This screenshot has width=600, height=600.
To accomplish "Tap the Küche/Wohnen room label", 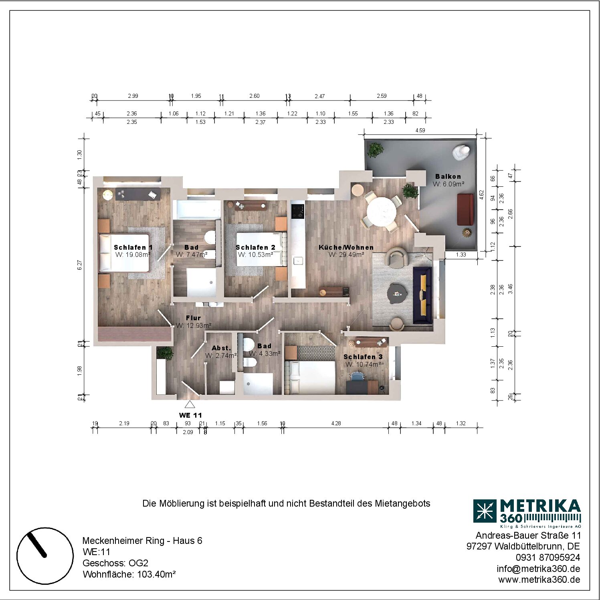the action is pos(346,247).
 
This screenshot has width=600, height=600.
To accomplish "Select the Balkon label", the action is pos(448,176).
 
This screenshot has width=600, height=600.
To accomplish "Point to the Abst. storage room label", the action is pos(221,348).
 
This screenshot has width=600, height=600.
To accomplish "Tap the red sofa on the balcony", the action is pos(465,209).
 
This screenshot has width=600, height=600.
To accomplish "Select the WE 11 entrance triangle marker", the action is pos(190,404).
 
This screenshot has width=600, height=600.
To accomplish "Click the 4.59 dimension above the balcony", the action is pos(420,130).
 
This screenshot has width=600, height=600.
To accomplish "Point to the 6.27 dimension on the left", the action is pos(79,265).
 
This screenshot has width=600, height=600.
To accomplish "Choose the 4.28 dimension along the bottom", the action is pos(336,423).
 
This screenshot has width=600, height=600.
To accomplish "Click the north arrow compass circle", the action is pos(45,556).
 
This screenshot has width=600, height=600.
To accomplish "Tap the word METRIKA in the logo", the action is pos(540,506).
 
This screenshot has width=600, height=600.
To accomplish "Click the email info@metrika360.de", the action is pos(538,569).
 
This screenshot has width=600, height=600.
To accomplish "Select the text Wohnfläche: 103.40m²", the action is pos(129,574).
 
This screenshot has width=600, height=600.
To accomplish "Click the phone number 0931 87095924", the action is pos(548,558).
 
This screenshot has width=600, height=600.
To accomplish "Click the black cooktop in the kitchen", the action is pos(298,211).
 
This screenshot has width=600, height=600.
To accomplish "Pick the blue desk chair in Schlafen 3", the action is pos(357,376).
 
